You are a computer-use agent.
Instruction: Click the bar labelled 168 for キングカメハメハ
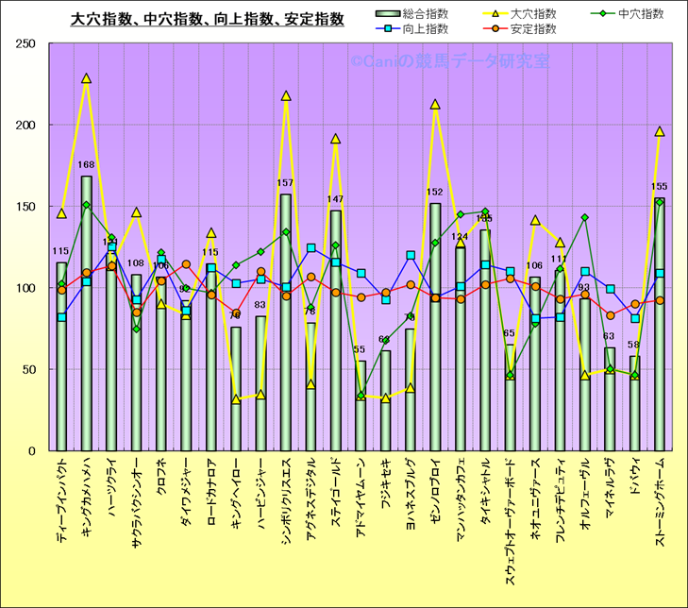[87, 312]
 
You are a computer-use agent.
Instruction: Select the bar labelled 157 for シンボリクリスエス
[286, 321]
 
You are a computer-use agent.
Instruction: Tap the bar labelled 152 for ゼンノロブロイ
[435, 326]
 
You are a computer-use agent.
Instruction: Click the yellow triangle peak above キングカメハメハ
[87, 79]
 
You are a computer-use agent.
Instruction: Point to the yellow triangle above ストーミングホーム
[660, 132]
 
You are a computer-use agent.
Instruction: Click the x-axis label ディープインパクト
[61, 500]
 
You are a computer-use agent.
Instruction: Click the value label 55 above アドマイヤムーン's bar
[360, 350]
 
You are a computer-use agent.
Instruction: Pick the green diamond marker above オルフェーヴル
[585, 218]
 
